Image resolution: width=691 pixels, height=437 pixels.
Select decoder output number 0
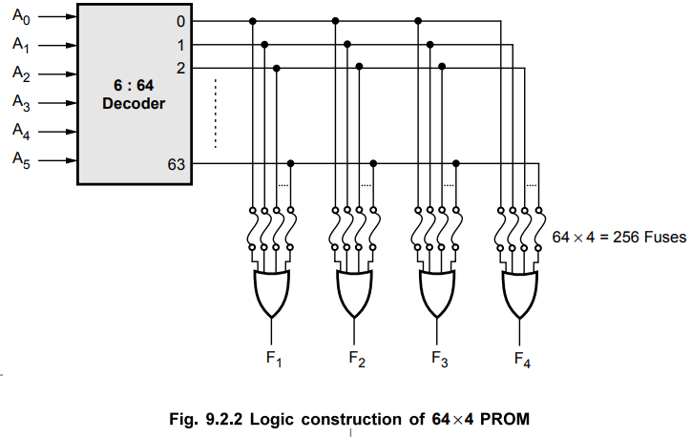point(180,20)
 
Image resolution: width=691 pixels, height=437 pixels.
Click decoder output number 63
point(177,164)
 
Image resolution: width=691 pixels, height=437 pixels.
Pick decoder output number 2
point(180,67)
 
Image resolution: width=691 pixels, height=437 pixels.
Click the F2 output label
point(357,360)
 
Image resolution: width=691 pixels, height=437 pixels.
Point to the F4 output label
point(522,360)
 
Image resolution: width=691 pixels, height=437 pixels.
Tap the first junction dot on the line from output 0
point(252,20)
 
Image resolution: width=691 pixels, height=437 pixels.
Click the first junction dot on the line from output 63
point(290,163)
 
